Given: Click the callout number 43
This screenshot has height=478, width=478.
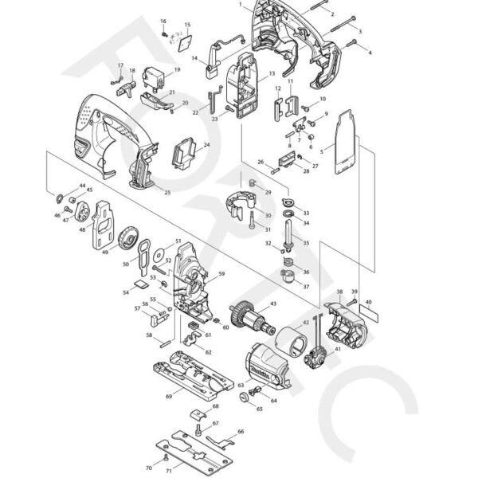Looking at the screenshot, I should point(273,304).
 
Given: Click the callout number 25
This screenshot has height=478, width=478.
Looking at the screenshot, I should point(167,193).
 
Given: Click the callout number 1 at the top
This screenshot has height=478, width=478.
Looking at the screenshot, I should point(240,5).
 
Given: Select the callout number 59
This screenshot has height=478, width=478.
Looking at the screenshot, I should point(221,274).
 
